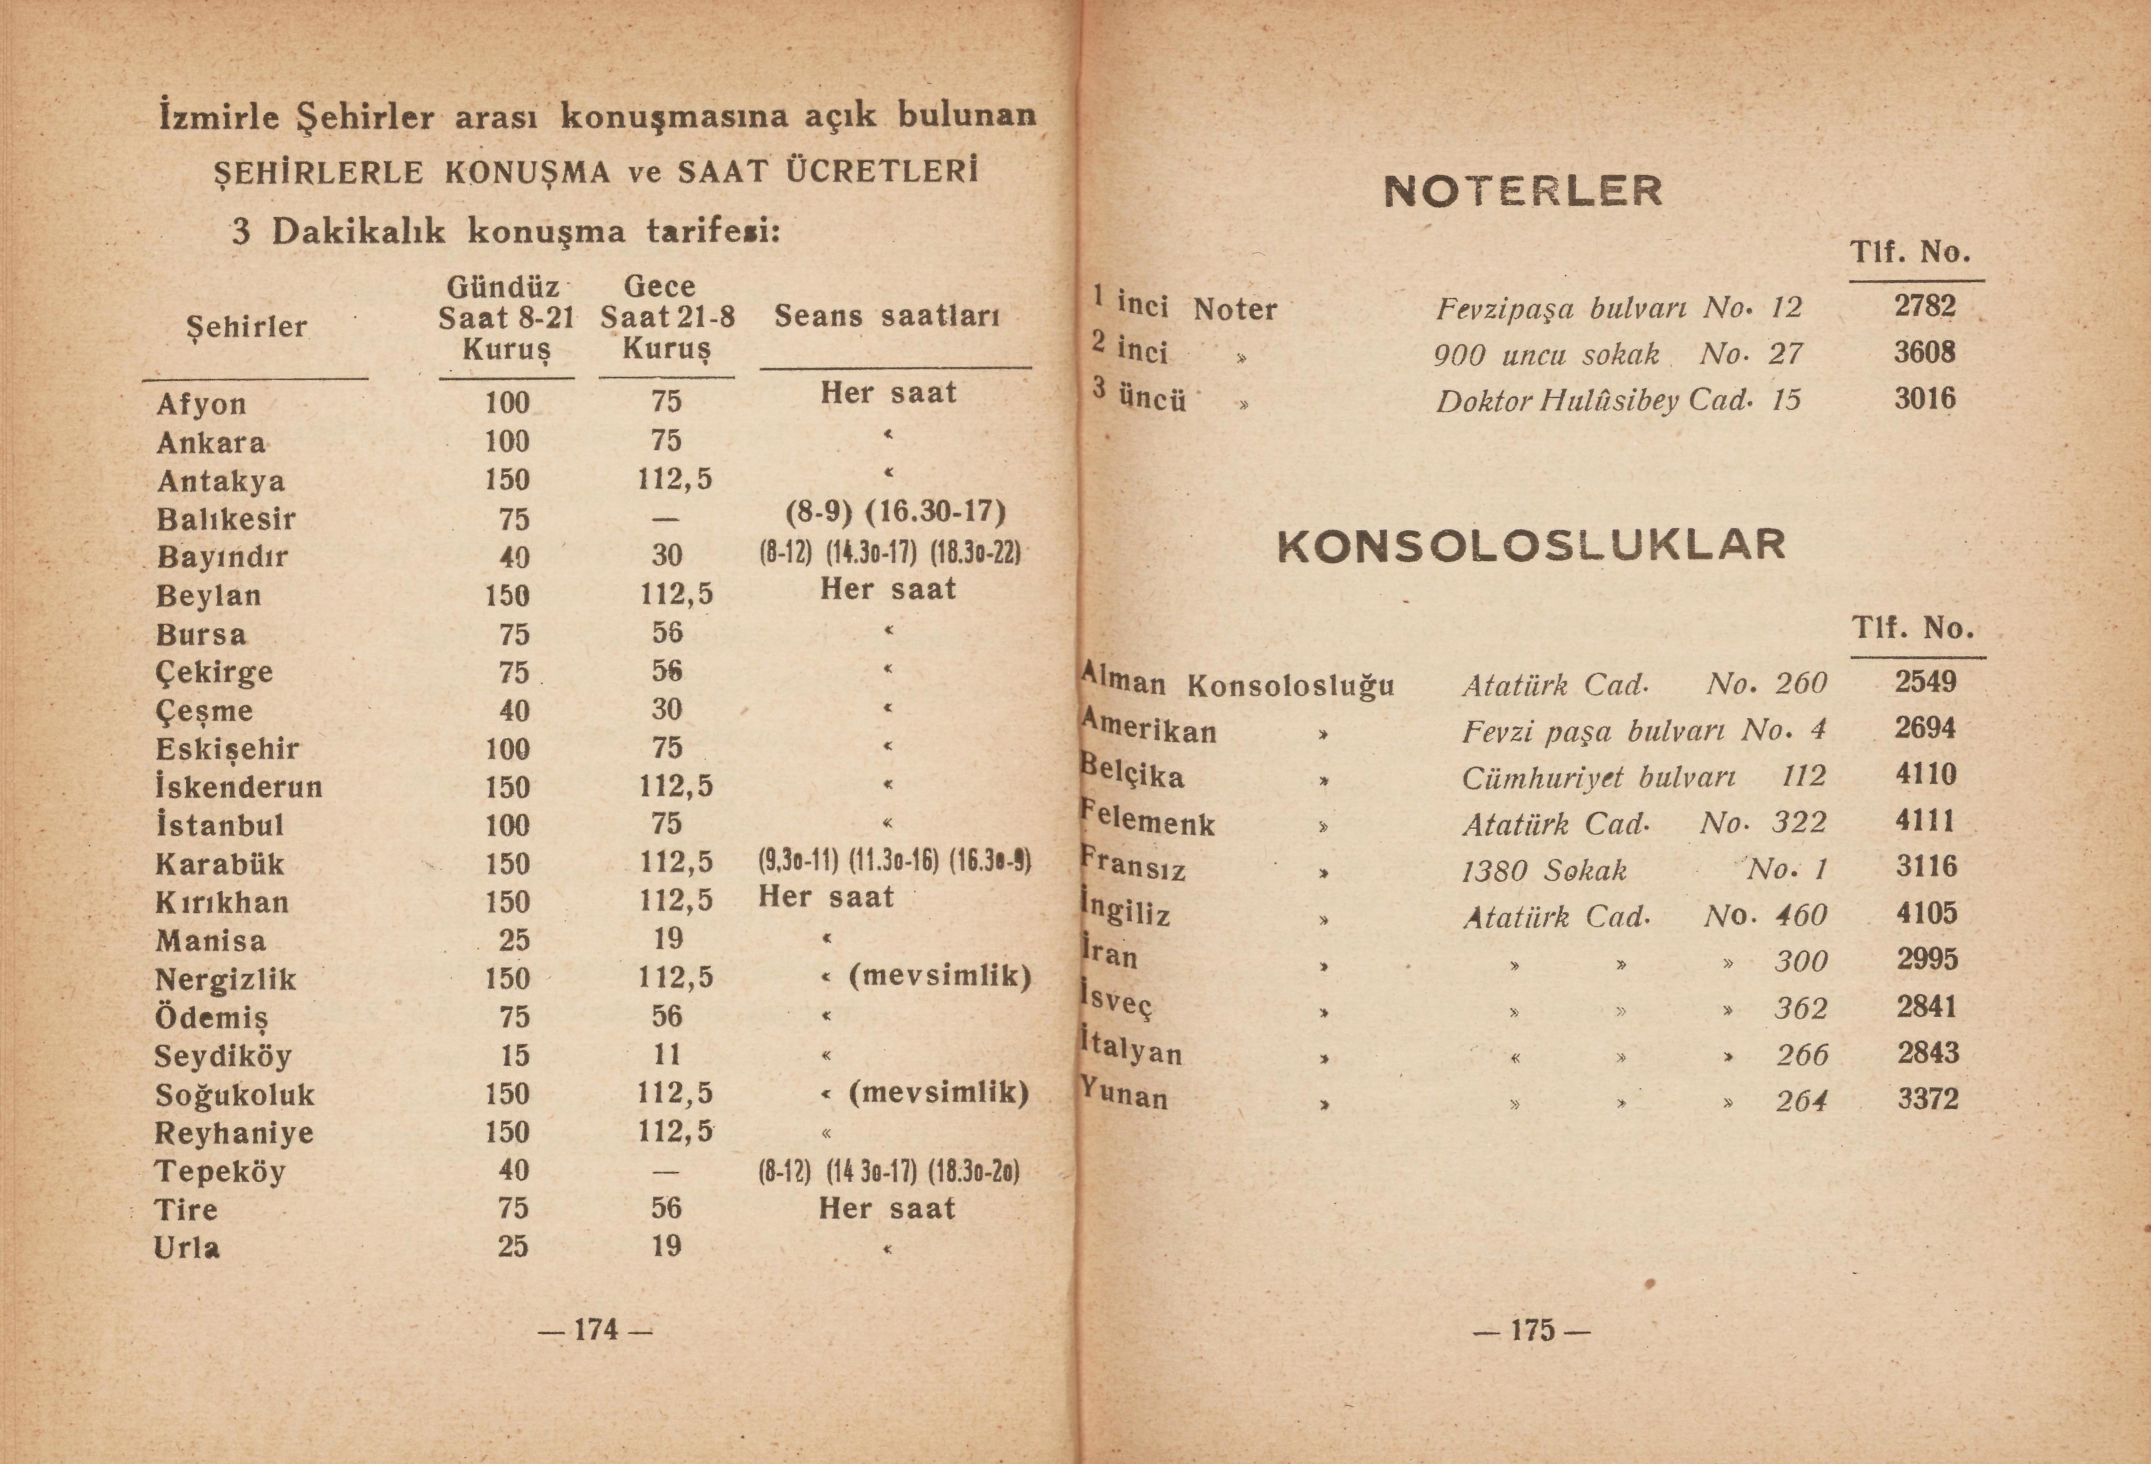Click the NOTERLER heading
[1522, 191]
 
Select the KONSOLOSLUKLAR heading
[1532, 545]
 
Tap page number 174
[595, 1330]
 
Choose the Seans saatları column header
[887, 317]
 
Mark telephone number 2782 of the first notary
[1924, 305]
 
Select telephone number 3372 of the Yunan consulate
[1928, 1098]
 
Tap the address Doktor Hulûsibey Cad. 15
[1618, 400]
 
